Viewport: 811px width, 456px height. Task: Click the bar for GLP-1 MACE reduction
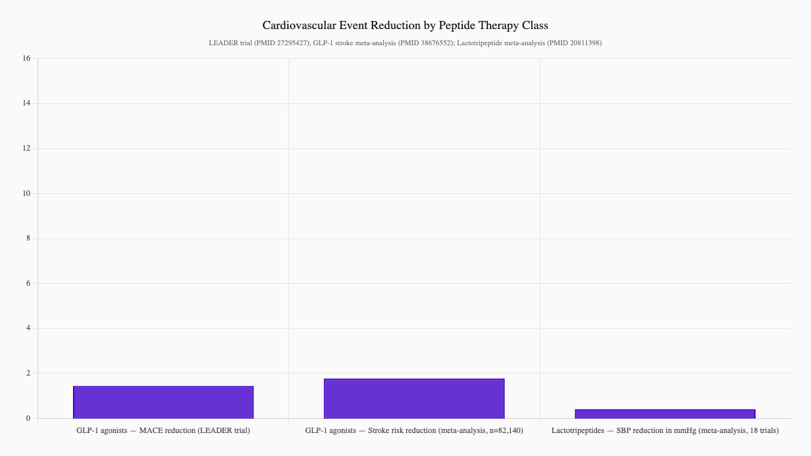(x=163, y=402)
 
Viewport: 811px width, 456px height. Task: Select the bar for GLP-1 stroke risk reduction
(x=414, y=399)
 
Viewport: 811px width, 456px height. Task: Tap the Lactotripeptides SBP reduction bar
(x=664, y=413)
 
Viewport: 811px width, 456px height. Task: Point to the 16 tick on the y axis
(x=26, y=59)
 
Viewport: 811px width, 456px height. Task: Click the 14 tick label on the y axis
(x=26, y=103)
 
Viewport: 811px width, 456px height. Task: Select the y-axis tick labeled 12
(x=26, y=149)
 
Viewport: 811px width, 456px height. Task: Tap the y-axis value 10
(x=26, y=193)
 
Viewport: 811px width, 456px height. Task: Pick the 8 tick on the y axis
(x=28, y=238)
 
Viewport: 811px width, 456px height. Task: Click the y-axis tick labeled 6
(x=28, y=284)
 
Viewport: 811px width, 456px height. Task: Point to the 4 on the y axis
(x=28, y=328)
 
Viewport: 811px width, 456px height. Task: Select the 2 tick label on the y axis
(x=28, y=374)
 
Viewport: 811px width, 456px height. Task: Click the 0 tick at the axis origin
(x=28, y=418)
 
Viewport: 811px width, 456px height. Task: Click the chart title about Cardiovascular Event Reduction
(x=405, y=25)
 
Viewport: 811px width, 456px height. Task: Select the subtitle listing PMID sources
(x=405, y=43)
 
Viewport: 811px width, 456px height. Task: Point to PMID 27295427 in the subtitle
(x=280, y=43)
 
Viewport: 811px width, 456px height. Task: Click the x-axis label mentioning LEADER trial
(x=163, y=430)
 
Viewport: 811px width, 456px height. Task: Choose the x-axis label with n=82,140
(x=414, y=430)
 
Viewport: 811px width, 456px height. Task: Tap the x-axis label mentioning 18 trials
(x=664, y=430)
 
